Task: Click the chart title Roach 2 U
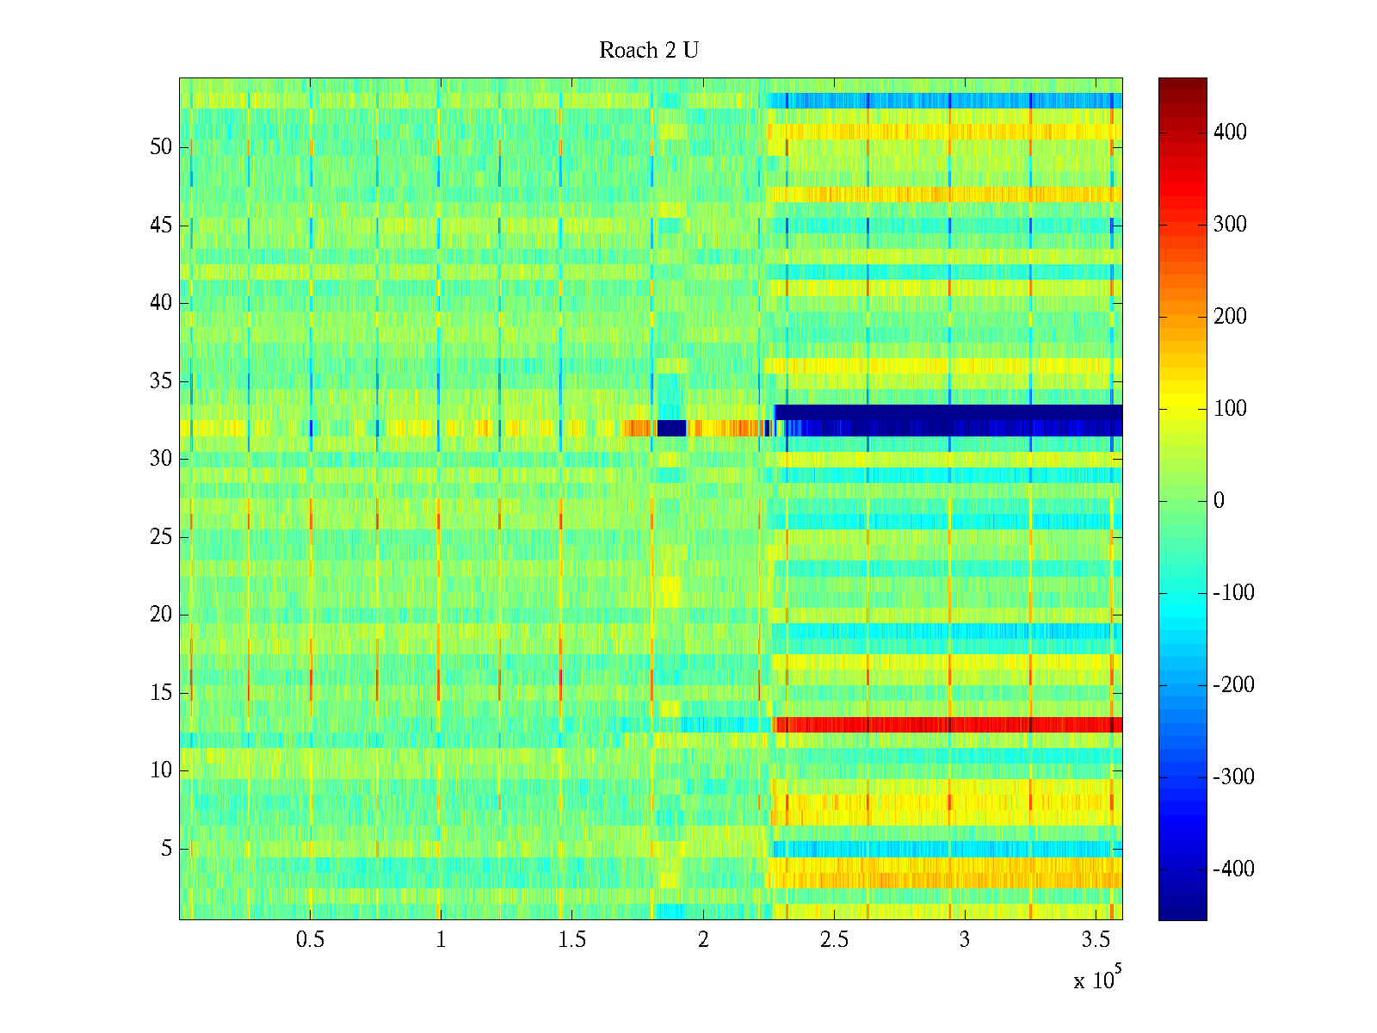point(649,51)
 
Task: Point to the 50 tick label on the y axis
point(161,147)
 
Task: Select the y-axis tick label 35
point(161,381)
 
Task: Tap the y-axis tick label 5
point(166,850)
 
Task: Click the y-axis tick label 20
point(161,615)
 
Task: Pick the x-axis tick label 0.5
point(310,940)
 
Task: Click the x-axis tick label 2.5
point(834,940)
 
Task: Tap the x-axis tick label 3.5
point(1096,940)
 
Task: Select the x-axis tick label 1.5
point(571,940)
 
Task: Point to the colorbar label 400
point(1230,133)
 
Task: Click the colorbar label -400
point(1233,869)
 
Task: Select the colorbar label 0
point(1218,501)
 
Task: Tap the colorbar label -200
point(1233,685)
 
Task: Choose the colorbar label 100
point(1230,409)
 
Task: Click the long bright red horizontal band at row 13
point(947,725)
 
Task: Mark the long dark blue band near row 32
point(947,419)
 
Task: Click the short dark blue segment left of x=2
point(671,428)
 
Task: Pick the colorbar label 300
point(1230,225)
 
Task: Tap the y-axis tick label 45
point(161,226)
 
